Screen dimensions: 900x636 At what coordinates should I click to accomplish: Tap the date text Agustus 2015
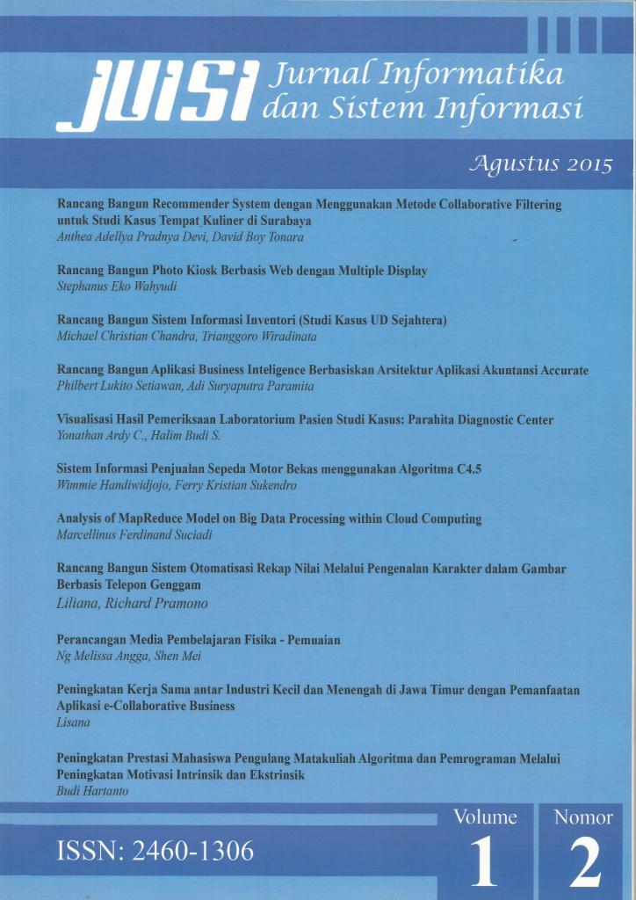coord(541,164)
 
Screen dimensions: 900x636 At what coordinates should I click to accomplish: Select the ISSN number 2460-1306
coord(155,851)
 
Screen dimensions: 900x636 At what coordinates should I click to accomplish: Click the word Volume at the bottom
coord(485,817)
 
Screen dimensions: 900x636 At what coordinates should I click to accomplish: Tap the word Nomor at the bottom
coord(583,817)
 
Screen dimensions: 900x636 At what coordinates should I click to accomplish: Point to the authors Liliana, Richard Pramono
coord(132,603)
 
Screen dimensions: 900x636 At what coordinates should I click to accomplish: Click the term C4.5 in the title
coord(469,469)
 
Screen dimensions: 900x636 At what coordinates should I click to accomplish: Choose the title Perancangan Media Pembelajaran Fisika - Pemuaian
coord(198,640)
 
